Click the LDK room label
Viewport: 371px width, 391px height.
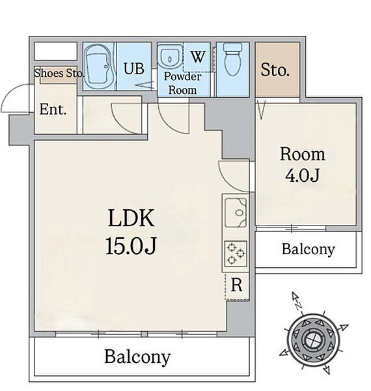(131, 218)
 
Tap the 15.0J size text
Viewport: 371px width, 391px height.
(131, 246)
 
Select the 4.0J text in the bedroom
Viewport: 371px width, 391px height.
(302, 175)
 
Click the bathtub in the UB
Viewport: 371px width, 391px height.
(100, 66)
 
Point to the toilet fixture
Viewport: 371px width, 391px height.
(233, 59)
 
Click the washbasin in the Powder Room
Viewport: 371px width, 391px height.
(171, 57)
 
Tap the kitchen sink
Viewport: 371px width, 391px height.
(236, 212)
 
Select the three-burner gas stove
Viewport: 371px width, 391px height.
(236, 253)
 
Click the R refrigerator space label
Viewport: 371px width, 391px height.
(236, 285)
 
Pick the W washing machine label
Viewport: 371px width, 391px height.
(199, 57)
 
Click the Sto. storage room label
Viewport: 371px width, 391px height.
(275, 70)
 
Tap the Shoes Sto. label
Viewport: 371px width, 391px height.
(59, 73)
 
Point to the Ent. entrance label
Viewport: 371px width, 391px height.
(53, 109)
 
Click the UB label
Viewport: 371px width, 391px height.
(134, 68)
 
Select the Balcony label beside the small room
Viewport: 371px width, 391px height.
(309, 250)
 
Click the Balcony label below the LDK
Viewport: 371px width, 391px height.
(137, 357)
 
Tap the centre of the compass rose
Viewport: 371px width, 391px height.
(312, 340)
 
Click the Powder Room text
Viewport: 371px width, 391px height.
(182, 83)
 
